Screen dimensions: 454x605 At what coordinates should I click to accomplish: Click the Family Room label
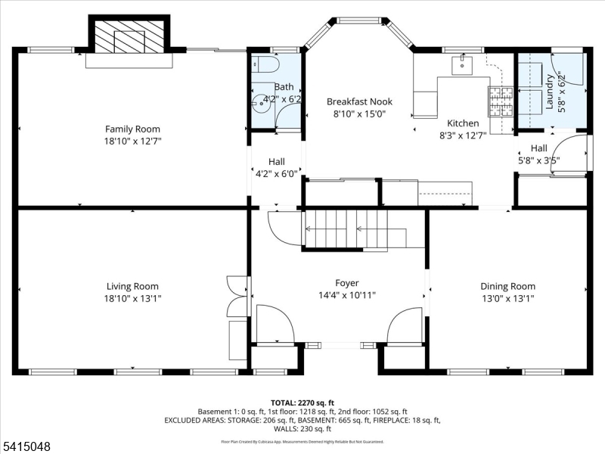coord(132,129)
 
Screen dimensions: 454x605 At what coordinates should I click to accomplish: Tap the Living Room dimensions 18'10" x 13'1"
coord(132,298)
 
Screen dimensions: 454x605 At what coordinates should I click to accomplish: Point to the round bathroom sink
coord(262,98)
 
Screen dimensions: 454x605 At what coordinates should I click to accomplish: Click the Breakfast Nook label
coord(356,101)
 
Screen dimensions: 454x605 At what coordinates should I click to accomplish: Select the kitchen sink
coord(462,65)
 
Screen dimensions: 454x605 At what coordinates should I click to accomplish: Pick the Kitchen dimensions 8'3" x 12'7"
coord(463,135)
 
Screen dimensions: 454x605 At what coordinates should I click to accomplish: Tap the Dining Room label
coord(507,286)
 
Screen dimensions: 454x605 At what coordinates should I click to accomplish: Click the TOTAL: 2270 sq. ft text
coord(302,402)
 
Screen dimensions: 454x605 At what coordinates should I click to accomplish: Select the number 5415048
coord(26,447)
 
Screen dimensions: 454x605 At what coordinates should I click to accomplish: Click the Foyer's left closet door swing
coord(275,324)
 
